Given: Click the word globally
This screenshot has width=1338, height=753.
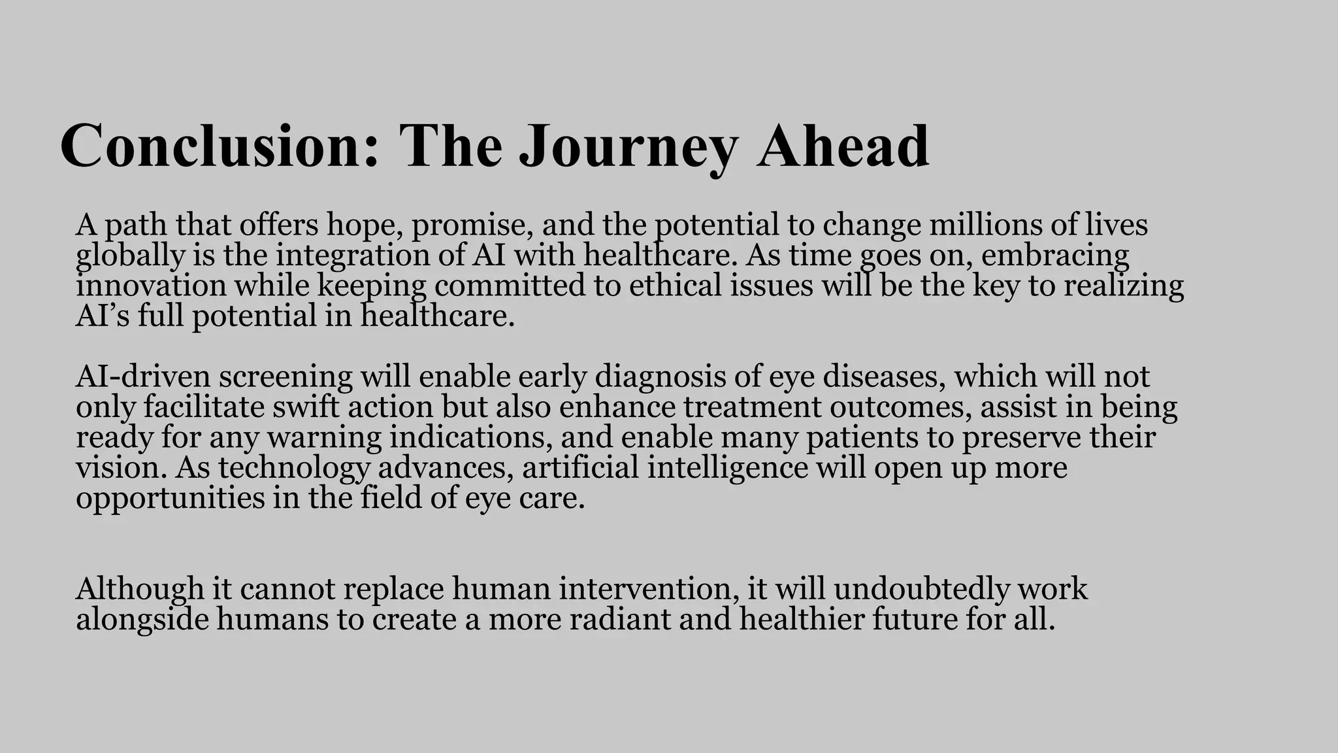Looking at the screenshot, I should click(x=131, y=255).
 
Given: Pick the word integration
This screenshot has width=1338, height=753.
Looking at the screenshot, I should click(x=352, y=255).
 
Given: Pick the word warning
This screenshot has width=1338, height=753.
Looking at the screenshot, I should click(x=324, y=437).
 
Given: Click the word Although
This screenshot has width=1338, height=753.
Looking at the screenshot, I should click(x=140, y=588).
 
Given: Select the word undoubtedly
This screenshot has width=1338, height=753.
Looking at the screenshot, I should click(x=912, y=588).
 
